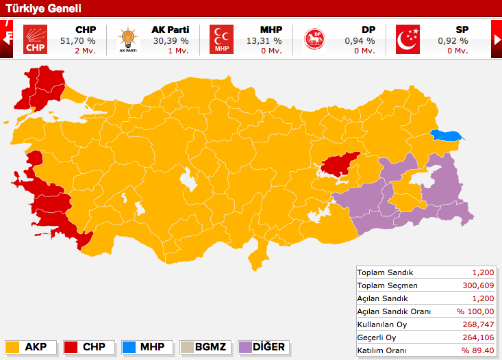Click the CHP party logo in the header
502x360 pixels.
coord(34,39)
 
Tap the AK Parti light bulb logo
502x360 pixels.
coord(127,39)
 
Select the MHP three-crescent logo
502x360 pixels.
coord(221,39)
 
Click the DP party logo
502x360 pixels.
coord(315,39)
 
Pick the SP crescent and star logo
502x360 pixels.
coord(408,39)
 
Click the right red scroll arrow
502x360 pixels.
coord(497,39)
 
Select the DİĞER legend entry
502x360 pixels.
coord(263,346)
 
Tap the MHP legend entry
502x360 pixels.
coord(147,346)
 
